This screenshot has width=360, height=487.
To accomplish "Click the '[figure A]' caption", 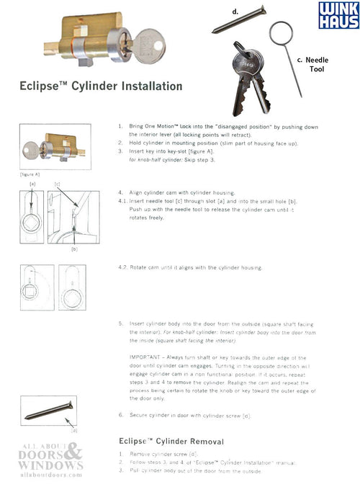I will (29, 174).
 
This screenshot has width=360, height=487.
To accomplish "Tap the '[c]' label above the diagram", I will (57, 184).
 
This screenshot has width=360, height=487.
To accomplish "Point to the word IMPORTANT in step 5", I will (145, 357).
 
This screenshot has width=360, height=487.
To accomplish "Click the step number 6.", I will (120, 416).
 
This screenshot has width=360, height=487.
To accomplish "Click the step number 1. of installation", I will (120, 126).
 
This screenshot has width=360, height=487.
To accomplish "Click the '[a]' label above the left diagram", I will (32, 184).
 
